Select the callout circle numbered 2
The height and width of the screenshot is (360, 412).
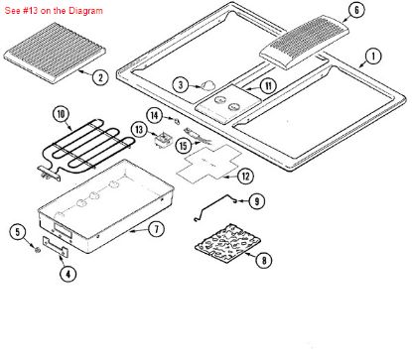(x=100, y=75)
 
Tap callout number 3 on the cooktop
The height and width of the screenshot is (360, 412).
(x=180, y=85)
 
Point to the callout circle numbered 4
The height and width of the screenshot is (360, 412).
(x=68, y=274)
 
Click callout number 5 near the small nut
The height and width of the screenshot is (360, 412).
(x=18, y=232)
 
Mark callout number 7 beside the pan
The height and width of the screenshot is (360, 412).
(x=156, y=229)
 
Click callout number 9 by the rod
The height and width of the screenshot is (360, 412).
(x=256, y=201)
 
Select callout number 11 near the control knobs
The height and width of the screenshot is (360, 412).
(x=267, y=86)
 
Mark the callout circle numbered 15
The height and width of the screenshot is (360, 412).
(x=184, y=145)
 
